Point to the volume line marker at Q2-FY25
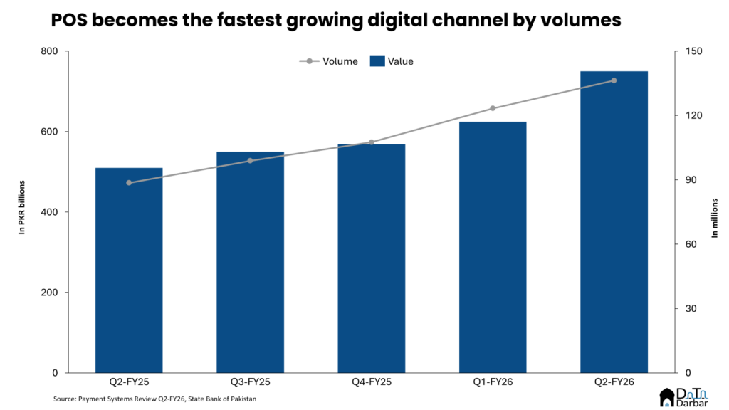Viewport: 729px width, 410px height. click(x=129, y=183)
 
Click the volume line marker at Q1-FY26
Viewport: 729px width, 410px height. click(x=493, y=108)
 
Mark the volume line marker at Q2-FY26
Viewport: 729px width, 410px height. click(x=614, y=80)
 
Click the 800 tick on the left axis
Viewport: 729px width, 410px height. click(x=53, y=51)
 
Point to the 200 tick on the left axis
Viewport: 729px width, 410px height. click(x=53, y=293)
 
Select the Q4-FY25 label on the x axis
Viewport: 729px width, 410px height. click(x=371, y=382)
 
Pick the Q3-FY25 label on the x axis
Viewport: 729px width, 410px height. click(x=250, y=382)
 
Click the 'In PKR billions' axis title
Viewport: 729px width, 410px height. click(x=21, y=212)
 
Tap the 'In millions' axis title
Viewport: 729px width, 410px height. click(x=714, y=212)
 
